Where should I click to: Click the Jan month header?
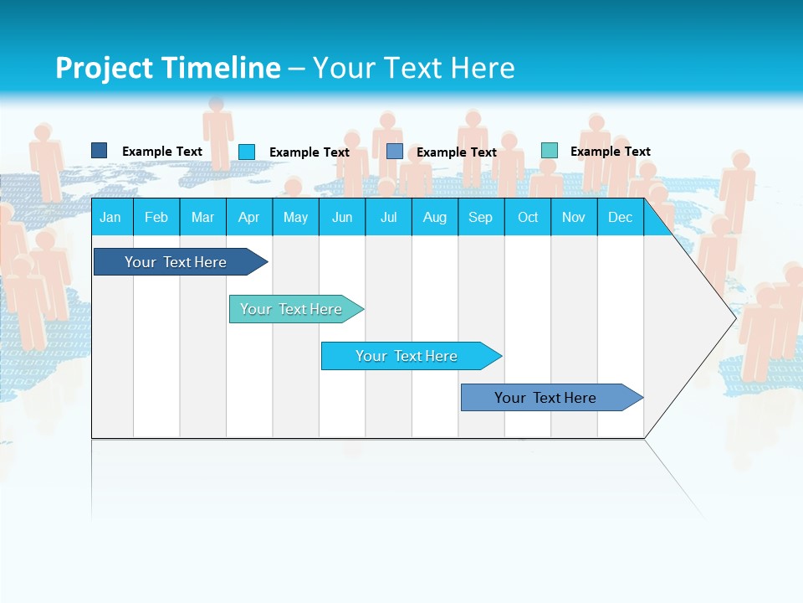click(110, 217)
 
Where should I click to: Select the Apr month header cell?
click(248, 217)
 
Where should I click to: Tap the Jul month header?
click(388, 217)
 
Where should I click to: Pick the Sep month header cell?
click(480, 217)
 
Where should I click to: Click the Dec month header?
click(620, 217)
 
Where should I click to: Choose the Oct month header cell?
click(527, 217)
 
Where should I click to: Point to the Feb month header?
click(156, 217)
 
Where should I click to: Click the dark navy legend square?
click(99, 151)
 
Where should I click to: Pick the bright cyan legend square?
click(247, 152)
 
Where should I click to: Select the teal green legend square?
click(549, 151)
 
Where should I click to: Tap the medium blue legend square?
click(394, 152)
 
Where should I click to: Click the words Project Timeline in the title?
click(167, 68)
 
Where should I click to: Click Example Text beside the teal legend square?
click(610, 152)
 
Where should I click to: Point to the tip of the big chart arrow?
click(734, 317)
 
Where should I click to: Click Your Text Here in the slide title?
click(413, 68)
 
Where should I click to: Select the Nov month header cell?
click(574, 217)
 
